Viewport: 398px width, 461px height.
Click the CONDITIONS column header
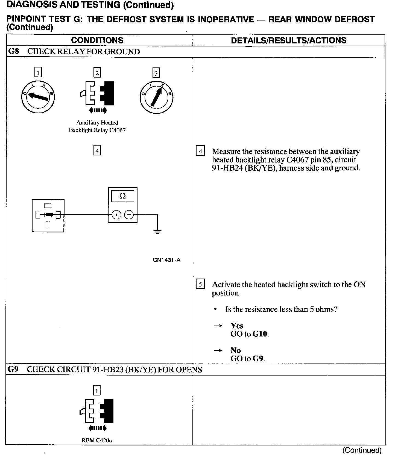click(x=97, y=40)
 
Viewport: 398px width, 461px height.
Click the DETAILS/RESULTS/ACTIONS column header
click(x=288, y=40)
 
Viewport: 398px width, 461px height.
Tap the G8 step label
click(x=14, y=51)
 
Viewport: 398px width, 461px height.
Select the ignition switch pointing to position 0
click(x=38, y=97)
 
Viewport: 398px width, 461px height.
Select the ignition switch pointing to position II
click(x=156, y=97)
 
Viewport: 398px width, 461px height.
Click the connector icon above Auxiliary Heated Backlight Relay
click(x=97, y=93)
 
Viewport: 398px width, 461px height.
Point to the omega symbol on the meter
click(x=123, y=196)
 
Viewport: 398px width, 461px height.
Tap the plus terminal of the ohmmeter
click(x=116, y=215)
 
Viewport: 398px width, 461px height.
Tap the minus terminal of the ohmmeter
click(x=129, y=215)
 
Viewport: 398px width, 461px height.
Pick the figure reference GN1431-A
click(x=166, y=260)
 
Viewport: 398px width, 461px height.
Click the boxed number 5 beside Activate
click(x=200, y=284)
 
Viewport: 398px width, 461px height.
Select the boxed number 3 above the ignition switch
click(x=156, y=73)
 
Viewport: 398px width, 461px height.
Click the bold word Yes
click(x=237, y=326)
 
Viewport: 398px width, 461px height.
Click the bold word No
click(x=235, y=350)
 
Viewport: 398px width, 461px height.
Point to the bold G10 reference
click(x=260, y=334)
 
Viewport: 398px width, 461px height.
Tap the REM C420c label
click(x=97, y=440)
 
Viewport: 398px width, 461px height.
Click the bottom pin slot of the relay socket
click(x=48, y=225)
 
